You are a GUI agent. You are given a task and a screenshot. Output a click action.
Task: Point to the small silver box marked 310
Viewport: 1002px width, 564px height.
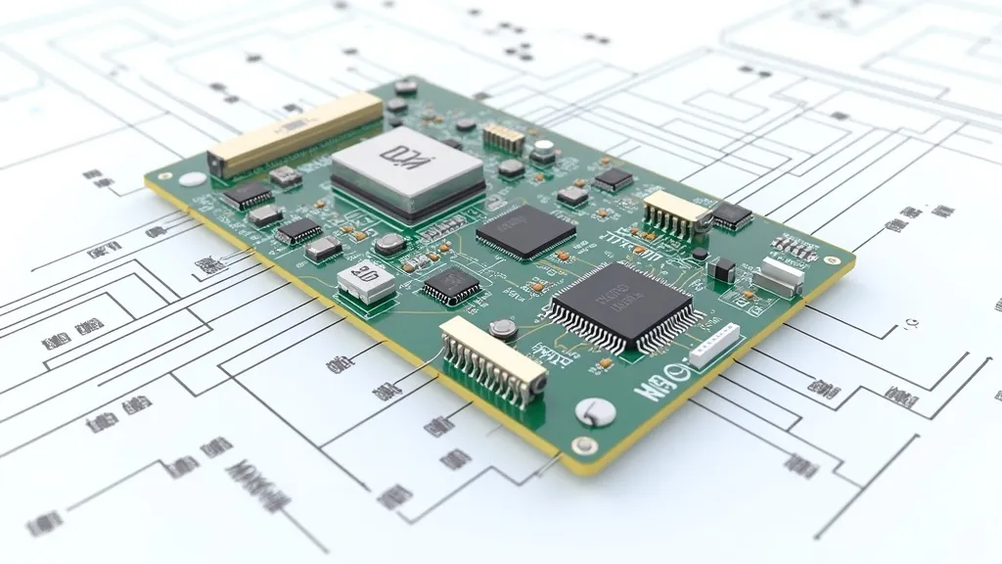tap(366, 281)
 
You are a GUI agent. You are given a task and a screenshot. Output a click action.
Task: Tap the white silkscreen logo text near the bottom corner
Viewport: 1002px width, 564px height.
tap(661, 381)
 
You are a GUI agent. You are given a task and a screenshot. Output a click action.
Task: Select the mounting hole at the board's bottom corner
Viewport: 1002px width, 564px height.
tap(584, 446)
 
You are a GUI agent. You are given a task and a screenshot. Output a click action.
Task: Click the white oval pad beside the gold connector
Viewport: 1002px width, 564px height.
tap(193, 179)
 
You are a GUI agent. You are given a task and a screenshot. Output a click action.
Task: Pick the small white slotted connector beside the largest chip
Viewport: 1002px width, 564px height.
tap(713, 346)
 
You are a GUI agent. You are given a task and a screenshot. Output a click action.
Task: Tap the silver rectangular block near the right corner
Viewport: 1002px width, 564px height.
tap(779, 277)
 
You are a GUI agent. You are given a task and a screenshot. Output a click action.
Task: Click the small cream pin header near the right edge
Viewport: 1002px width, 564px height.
tap(674, 211)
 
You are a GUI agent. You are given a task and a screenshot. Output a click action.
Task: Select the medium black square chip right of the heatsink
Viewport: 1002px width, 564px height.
tap(525, 231)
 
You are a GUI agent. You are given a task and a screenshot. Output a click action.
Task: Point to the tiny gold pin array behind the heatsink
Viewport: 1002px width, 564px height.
tap(504, 137)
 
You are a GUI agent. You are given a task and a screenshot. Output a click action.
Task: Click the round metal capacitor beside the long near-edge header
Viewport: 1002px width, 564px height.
tap(503, 329)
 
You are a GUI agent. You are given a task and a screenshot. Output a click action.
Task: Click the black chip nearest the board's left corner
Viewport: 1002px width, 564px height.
tap(248, 195)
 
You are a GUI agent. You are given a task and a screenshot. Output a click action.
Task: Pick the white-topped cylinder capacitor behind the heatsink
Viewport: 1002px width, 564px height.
tap(544, 151)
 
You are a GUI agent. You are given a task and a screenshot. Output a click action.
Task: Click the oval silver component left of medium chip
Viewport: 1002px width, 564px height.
tap(389, 244)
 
